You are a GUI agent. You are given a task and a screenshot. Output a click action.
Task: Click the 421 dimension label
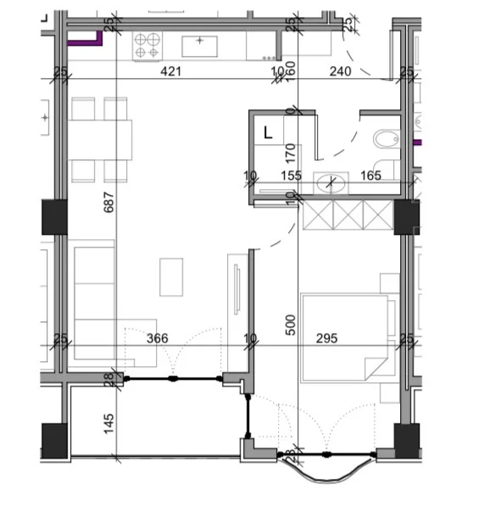coord(172,73)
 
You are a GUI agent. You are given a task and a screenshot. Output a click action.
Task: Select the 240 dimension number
coord(340,73)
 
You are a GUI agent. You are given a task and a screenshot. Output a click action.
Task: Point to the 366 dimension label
coord(158,338)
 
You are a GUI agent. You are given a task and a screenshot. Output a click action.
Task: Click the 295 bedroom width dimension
coord(326,338)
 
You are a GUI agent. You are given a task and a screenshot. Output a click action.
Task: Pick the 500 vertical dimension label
coord(289,325)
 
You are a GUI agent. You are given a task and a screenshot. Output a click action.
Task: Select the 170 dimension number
coord(290,153)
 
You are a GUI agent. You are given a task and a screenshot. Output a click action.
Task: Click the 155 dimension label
coord(291,175)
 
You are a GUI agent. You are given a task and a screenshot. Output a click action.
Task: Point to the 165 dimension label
coord(370,175)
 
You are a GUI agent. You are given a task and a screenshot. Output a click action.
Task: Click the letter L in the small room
coord(268,132)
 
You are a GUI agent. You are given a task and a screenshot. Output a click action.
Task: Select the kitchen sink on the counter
coord(201,44)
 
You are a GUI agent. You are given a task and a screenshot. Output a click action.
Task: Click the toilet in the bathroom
coord(386,140)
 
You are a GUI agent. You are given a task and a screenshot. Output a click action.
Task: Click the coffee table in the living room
coord(172,276)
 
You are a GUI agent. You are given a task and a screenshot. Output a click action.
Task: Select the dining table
coord(102,140)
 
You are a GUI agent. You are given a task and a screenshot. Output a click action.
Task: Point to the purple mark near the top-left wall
coord(86,39)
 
